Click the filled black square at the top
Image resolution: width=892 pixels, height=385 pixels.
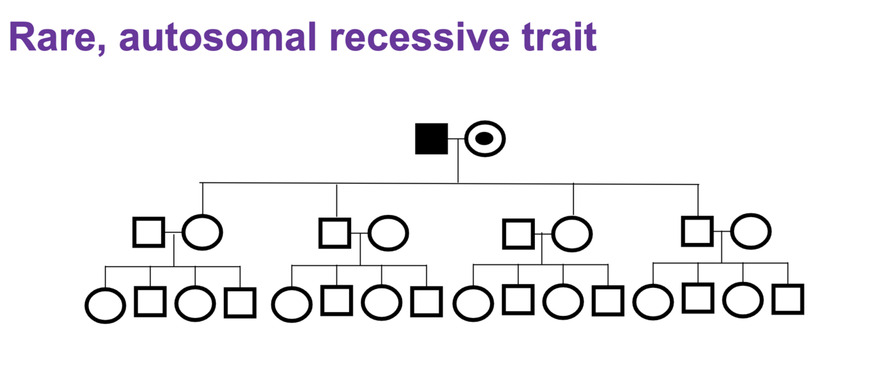point(431,139)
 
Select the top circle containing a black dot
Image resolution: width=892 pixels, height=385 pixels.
point(485,139)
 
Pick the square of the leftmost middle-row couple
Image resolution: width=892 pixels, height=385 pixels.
point(148,232)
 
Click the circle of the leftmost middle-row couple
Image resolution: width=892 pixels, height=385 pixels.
point(202,232)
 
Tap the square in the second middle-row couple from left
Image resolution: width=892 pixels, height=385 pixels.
point(334,232)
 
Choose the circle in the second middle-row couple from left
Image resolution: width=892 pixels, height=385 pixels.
point(388,232)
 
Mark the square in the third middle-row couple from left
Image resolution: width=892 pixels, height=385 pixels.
point(518,234)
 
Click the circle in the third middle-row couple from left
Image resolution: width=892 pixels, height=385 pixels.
point(572,234)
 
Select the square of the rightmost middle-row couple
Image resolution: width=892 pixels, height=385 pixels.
point(697,231)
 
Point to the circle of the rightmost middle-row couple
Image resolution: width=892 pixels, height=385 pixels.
point(751,231)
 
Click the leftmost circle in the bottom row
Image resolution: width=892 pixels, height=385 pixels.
point(105,305)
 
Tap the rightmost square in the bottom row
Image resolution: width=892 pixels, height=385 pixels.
point(788,299)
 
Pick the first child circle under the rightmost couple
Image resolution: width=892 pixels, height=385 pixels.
point(653,301)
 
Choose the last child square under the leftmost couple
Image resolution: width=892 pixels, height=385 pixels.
point(239,303)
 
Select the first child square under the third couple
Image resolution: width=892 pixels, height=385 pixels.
point(518,299)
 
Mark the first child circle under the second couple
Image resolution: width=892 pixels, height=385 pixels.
point(292,304)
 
